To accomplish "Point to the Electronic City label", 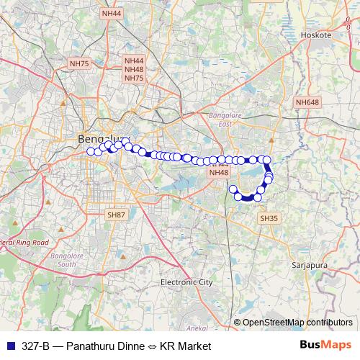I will click(187, 282).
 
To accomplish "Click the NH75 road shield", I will click(79, 64).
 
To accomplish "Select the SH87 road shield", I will click(116, 215).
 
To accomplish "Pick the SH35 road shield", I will click(269, 217).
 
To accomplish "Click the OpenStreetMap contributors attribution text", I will click(297, 322).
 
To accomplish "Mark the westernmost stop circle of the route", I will click(91, 151).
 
